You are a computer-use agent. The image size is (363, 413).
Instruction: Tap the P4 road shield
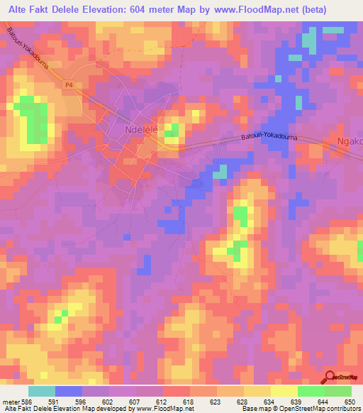pyautogui.click(x=68, y=85)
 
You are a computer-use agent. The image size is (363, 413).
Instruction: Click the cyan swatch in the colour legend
pyautogui.click(x=42, y=391)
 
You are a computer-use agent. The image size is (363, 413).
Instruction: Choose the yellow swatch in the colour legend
pyautogui.click(x=284, y=391)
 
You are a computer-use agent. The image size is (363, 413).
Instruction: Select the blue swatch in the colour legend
pyautogui.click(x=69, y=391)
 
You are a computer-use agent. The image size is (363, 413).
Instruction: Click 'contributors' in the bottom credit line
pyautogui.click(x=342, y=409)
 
